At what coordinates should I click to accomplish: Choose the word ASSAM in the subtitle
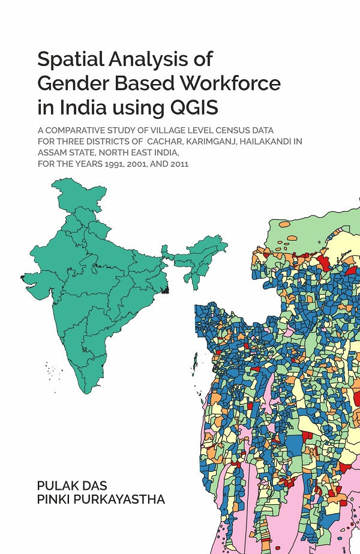(x=52, y=152)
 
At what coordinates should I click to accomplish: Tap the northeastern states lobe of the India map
(x=204, y=252)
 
